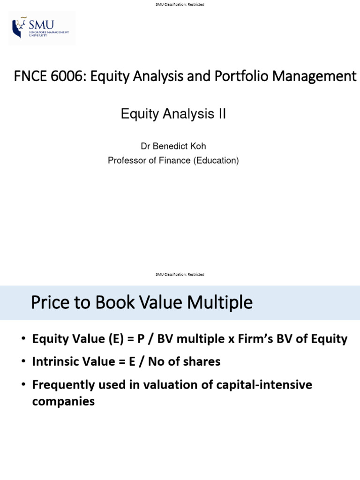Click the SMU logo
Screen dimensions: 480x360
click(x=42, y=29)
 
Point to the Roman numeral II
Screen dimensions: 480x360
click(x=220, y=114)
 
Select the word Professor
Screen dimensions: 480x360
click(x=127, y=160)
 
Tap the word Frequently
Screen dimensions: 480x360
click(x=63, y=385)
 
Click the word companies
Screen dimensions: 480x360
click(x=63, y=401)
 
